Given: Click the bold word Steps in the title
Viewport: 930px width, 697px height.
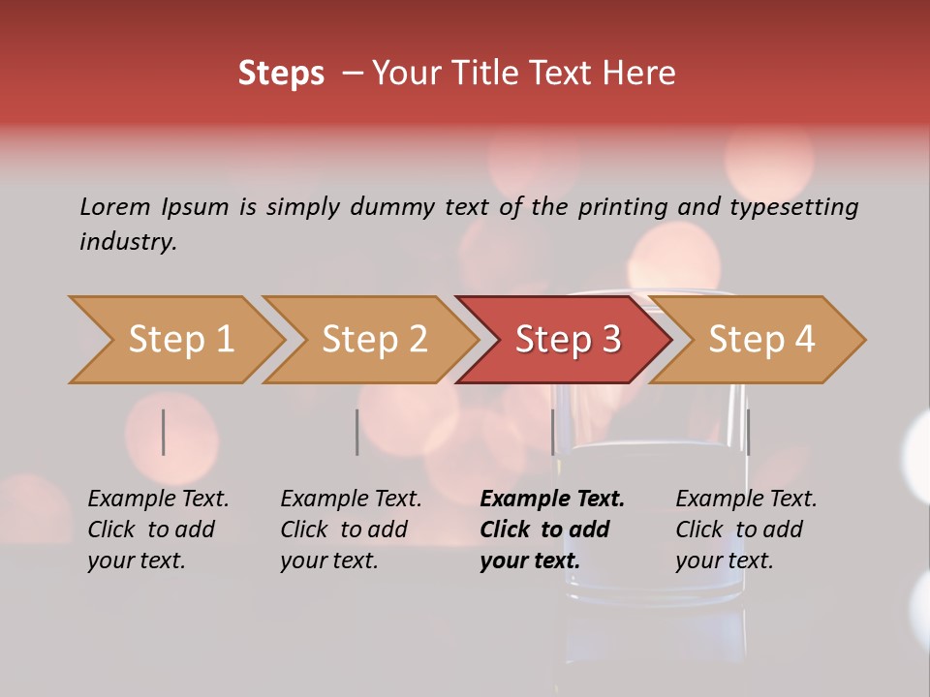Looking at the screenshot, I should point(281,74).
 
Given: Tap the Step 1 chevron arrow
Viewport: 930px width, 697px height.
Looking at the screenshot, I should point(180,340).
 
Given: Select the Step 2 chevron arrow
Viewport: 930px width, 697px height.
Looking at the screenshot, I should point(374,340).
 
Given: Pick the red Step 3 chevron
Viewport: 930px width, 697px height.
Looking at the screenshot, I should point(567,340).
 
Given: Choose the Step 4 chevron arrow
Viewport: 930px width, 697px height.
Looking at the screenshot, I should point(760,340).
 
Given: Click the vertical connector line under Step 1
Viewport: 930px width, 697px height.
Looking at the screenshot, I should point(163,432).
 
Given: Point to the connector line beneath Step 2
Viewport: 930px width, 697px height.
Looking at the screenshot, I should point(356,432).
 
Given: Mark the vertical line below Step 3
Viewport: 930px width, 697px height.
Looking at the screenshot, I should point(552,432).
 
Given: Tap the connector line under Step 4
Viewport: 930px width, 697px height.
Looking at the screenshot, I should point(748,432).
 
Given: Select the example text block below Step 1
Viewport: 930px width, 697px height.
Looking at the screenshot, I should point(158,530).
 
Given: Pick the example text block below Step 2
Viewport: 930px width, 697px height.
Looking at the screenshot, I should point(351,530).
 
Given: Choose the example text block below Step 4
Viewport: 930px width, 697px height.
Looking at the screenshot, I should point(746,530).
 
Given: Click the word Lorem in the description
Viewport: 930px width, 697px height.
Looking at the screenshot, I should point(114,207).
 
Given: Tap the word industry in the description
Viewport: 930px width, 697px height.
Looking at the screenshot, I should point(128,242).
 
